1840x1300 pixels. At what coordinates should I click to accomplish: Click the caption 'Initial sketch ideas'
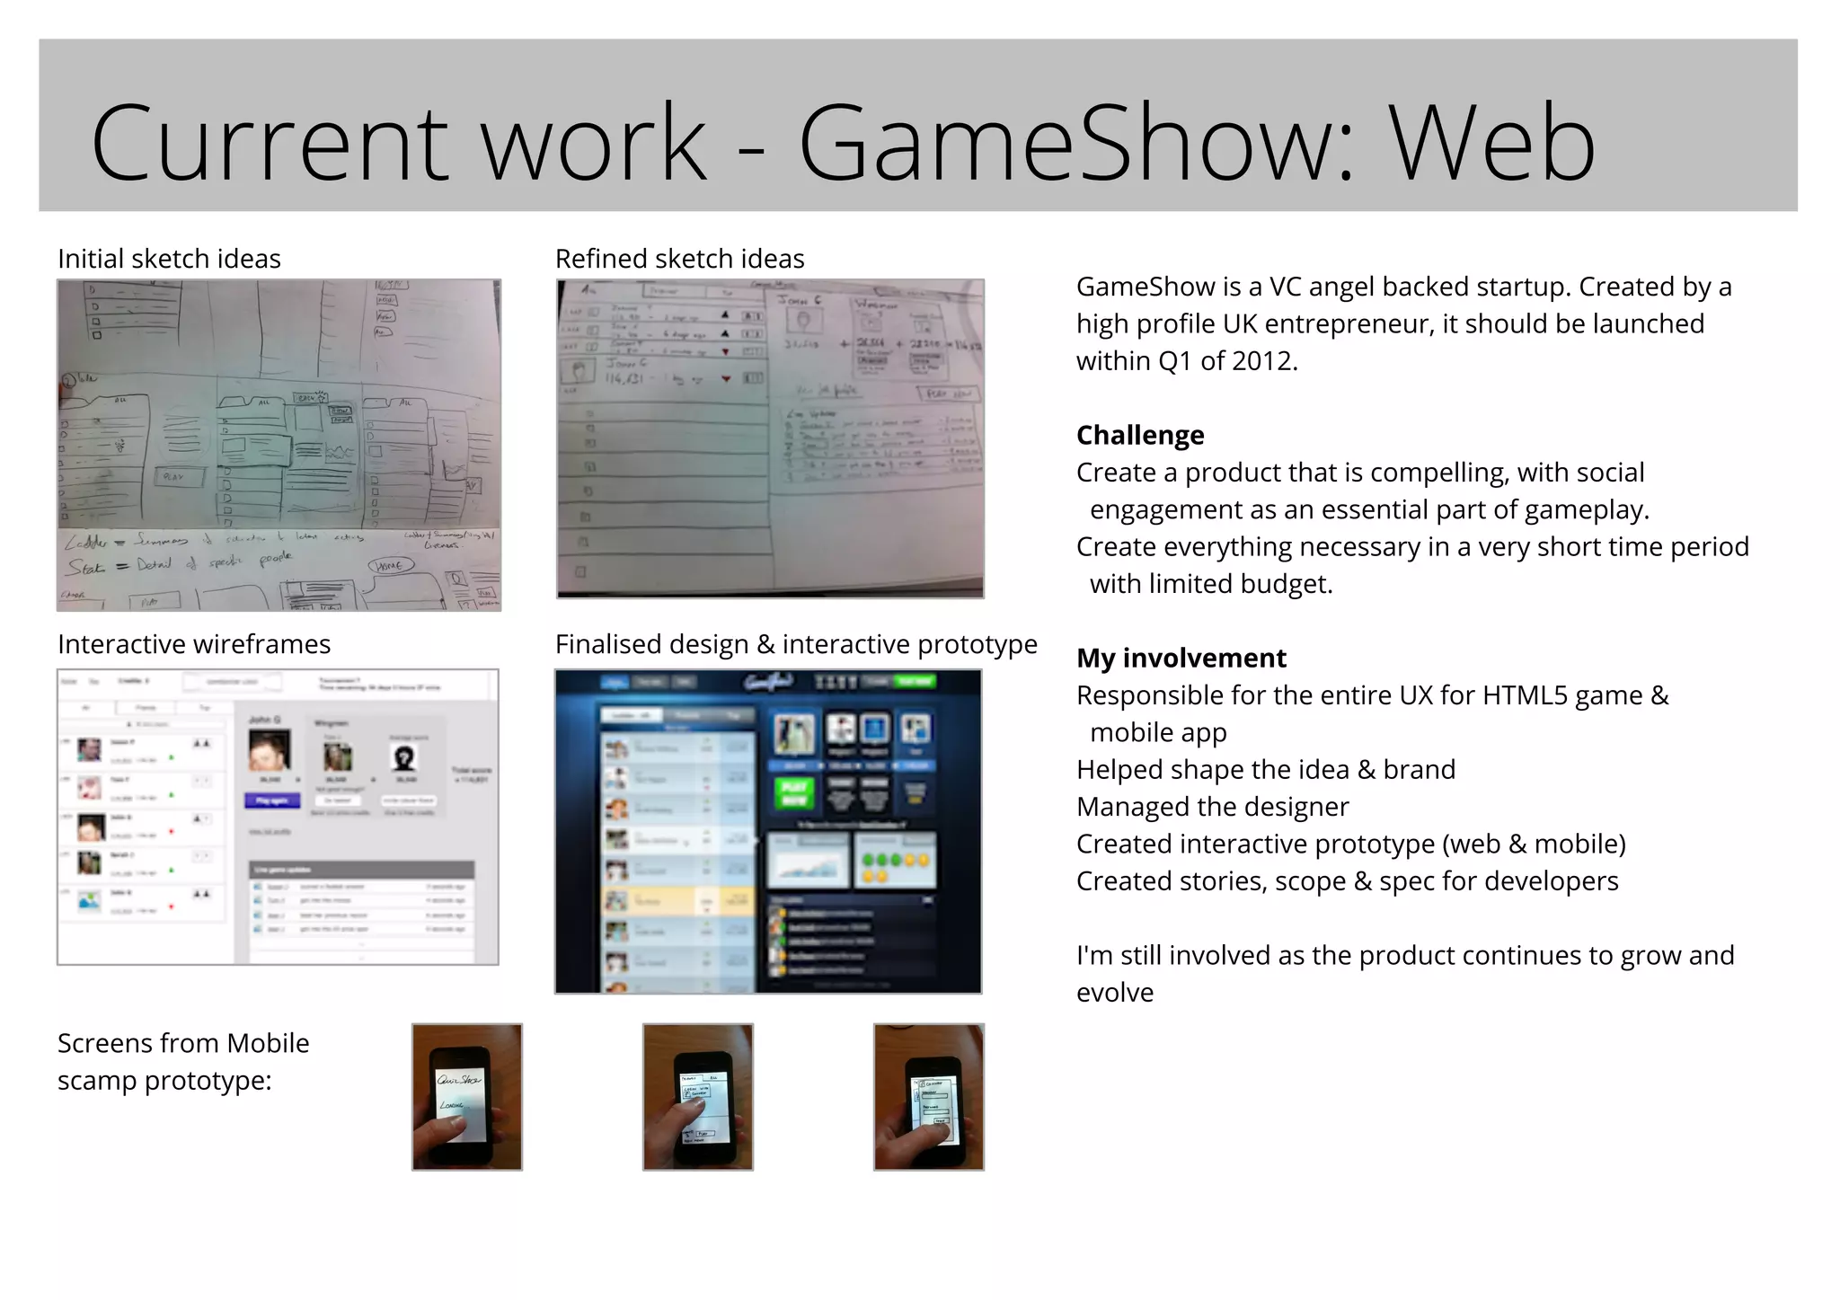pos(169,259)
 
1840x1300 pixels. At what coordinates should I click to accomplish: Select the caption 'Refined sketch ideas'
pos(679,259)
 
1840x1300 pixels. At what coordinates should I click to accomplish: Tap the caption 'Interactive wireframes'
pos(194,644)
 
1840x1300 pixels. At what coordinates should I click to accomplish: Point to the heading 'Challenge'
pos(1139,435)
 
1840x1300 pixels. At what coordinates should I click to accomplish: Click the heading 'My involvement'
pos(1181,658)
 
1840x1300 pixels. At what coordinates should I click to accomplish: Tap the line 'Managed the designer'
pos(1212,807)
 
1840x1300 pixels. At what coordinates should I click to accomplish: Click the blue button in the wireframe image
pos(272,800)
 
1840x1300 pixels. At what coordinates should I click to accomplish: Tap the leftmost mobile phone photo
pos(466,1096)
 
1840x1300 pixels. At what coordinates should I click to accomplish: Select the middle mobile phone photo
pos(697,1096)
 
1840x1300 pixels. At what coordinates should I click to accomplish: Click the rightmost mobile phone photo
pos(928,1096)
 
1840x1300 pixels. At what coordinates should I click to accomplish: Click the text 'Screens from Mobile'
pos(183,1043)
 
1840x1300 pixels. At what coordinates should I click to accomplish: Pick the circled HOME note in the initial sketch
pos(391,565)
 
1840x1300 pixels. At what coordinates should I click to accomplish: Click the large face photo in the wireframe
pos(269,750)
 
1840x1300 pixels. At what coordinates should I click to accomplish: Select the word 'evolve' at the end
pos(1114,993)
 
